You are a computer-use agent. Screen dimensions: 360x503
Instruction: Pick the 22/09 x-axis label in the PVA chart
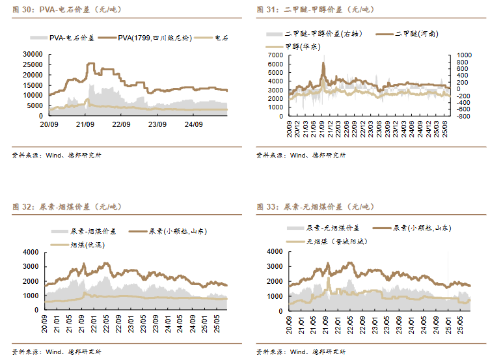coord(121,122)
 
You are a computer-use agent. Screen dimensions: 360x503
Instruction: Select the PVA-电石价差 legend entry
coord(72,38)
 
